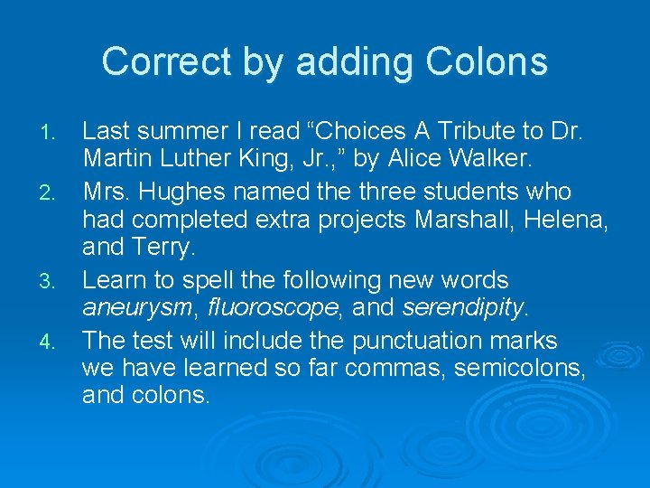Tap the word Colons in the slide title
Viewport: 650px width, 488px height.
coord(488,62)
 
